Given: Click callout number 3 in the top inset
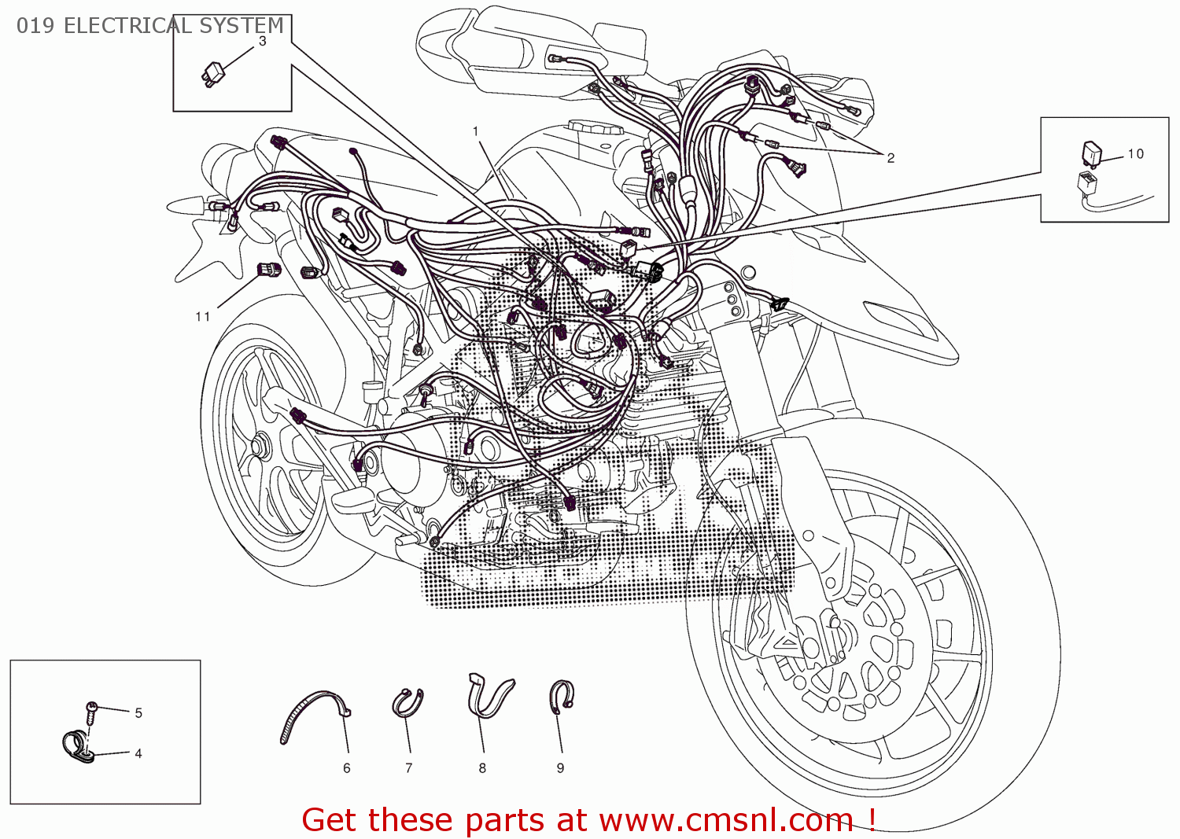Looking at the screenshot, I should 262,42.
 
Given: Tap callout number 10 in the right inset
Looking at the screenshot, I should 1135,154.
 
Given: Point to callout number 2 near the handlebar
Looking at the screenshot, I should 891,158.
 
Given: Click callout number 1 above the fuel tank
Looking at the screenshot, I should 475,131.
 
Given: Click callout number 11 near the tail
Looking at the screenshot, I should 203,316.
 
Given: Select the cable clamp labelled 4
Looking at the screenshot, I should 77,747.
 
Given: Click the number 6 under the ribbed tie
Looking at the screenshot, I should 346,768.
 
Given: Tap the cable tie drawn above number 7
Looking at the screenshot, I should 407,702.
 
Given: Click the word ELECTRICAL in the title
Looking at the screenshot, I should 127,26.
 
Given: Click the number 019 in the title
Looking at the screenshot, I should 35,26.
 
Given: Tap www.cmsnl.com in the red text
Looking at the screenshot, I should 725,820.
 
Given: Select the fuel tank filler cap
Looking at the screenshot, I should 594,127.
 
